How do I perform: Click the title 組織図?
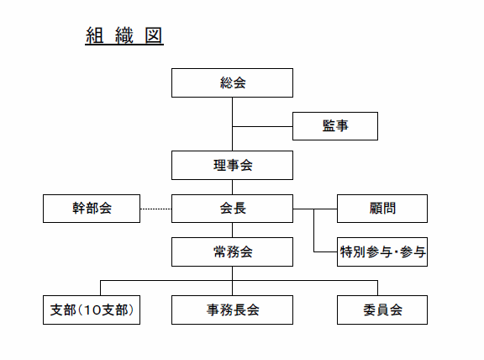[x=124, y=35]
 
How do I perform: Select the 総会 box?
[x=232, y=82]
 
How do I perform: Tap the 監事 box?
[x=335, y=126]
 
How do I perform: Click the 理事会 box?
[x=232, y=166]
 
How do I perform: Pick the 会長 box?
[x=232, y=209]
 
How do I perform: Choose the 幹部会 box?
[x=92, y=209]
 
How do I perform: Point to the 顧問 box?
[x=382, y=209]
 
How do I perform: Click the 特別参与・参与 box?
[x=382, y=251]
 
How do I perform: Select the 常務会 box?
[x=232, y=251]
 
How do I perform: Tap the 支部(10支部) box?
[x=92, y=310]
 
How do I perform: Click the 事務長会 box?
[x=232, y=310]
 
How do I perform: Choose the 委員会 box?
[x=382, y=310]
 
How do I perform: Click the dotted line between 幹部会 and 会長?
[x=156, y=209]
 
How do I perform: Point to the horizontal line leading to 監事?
[x=262, y=126]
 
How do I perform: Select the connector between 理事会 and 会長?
[x=232, y=187]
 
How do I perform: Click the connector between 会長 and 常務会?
[x=232, y=230]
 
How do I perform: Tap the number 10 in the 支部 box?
[x=92, y=310]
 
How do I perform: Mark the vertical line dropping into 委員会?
[x=377, y=288]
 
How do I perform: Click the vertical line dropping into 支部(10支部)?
[x=100, y=288]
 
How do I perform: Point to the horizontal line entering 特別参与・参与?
[x=325, y=251]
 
